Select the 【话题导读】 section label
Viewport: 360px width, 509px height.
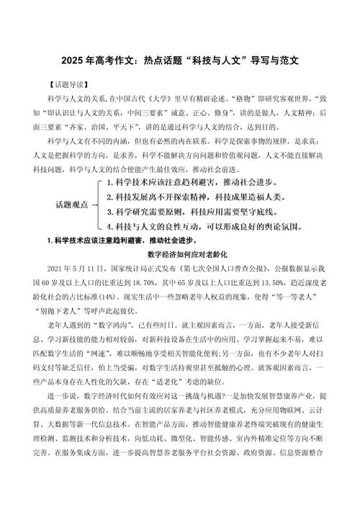(x=60, y=84)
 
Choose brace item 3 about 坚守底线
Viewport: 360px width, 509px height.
(x=199, y=192)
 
